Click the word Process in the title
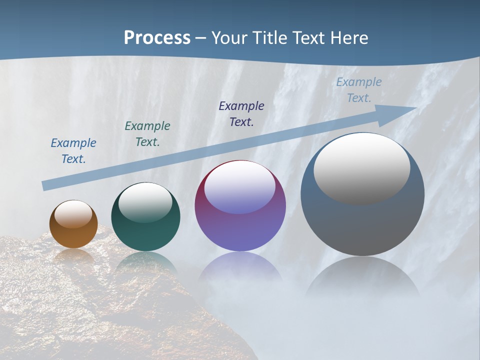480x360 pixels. click(157, 38)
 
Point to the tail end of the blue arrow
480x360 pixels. click(46, 185)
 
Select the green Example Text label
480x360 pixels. click(147, 134)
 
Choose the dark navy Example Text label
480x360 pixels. click(241, 113)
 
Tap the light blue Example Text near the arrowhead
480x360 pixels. click(359, 90)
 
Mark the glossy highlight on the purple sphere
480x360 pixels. click(240, 187)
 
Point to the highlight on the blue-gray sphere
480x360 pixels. click(362, 169)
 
